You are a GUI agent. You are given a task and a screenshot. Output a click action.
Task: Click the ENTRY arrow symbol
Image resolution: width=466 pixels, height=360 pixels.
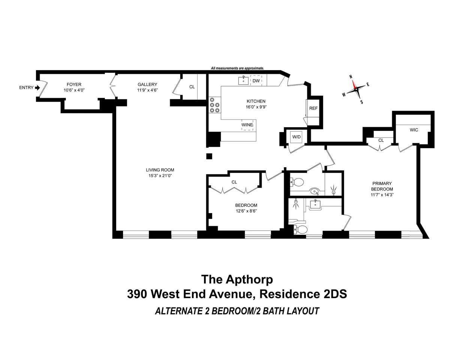[37, 88]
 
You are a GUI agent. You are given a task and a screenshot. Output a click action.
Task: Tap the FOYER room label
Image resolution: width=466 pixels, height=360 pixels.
[74, 85]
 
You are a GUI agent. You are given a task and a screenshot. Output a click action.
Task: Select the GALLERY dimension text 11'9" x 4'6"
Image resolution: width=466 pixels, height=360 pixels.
[147, 90]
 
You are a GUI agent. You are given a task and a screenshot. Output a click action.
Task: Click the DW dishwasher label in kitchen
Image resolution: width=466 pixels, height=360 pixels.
[256, 81]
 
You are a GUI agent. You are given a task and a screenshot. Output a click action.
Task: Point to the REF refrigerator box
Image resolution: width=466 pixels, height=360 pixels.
[313, 108]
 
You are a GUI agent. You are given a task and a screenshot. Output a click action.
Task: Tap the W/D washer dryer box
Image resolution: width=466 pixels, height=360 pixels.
[297, 137]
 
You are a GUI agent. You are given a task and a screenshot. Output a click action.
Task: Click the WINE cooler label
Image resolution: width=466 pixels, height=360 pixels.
[247, 125]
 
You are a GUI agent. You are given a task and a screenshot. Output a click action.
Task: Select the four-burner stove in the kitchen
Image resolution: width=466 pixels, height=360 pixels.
[214, 105]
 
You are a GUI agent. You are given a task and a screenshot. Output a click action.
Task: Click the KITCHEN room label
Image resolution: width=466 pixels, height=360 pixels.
[256, 101]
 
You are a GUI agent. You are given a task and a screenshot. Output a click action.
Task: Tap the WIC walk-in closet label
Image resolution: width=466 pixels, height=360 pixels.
[414, 130]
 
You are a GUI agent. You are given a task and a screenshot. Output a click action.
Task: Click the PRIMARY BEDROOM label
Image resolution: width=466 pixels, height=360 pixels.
[382, 186]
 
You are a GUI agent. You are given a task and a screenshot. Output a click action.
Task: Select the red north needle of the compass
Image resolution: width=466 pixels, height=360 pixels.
[353, 84]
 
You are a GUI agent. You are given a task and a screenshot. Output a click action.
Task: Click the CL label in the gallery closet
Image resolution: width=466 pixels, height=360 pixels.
[192, 87]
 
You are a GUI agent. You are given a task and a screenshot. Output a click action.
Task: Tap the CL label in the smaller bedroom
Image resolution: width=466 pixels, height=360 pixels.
[234, 182]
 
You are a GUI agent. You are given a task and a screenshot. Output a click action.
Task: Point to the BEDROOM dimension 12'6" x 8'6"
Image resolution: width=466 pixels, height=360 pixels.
[246, 211]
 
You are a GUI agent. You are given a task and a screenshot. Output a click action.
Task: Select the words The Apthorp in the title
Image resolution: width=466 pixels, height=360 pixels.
[237, 279]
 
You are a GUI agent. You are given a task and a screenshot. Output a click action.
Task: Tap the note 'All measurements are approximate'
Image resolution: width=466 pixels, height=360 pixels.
[237, 69]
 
